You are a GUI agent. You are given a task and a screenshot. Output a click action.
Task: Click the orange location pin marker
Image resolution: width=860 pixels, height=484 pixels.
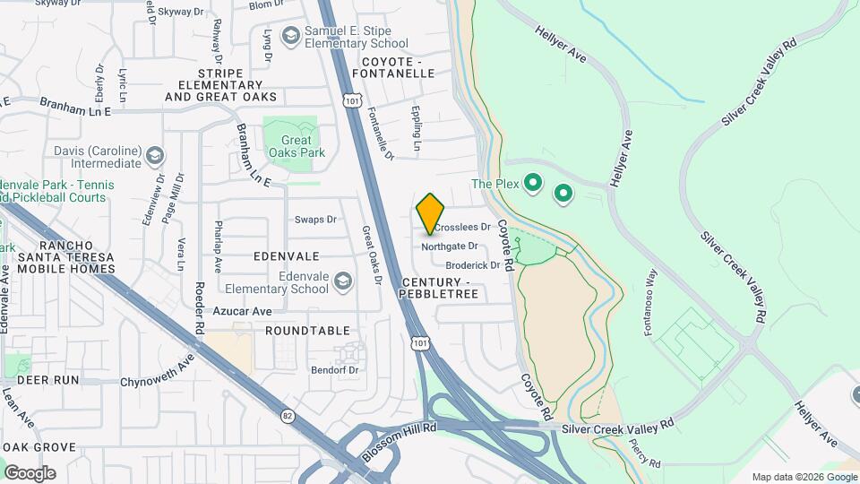(431, 213)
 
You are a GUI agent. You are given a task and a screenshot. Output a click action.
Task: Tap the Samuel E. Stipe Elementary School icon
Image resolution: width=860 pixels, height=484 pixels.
(289, 36)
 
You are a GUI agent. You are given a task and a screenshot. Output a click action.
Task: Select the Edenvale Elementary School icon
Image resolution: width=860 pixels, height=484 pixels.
(342, 283)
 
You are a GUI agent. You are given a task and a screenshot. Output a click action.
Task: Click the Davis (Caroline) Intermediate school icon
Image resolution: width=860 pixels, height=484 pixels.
(155, 157)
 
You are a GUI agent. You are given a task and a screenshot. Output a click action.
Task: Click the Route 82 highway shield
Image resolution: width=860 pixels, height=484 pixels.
(288, 416)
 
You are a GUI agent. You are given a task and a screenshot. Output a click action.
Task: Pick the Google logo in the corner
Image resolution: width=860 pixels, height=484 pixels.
(30, 472)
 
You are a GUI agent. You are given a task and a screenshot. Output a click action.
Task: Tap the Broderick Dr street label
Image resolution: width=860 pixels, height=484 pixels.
(472, 265)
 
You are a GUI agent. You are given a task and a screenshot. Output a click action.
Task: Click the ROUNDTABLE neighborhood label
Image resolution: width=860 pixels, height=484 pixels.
(307, 331)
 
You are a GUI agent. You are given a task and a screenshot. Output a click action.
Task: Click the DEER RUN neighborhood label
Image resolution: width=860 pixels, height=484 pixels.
(41, 380)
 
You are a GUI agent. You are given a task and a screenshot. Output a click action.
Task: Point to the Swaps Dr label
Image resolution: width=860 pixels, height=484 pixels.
(315, 220)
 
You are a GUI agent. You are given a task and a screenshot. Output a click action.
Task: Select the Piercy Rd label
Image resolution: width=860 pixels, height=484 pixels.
(645, 454)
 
